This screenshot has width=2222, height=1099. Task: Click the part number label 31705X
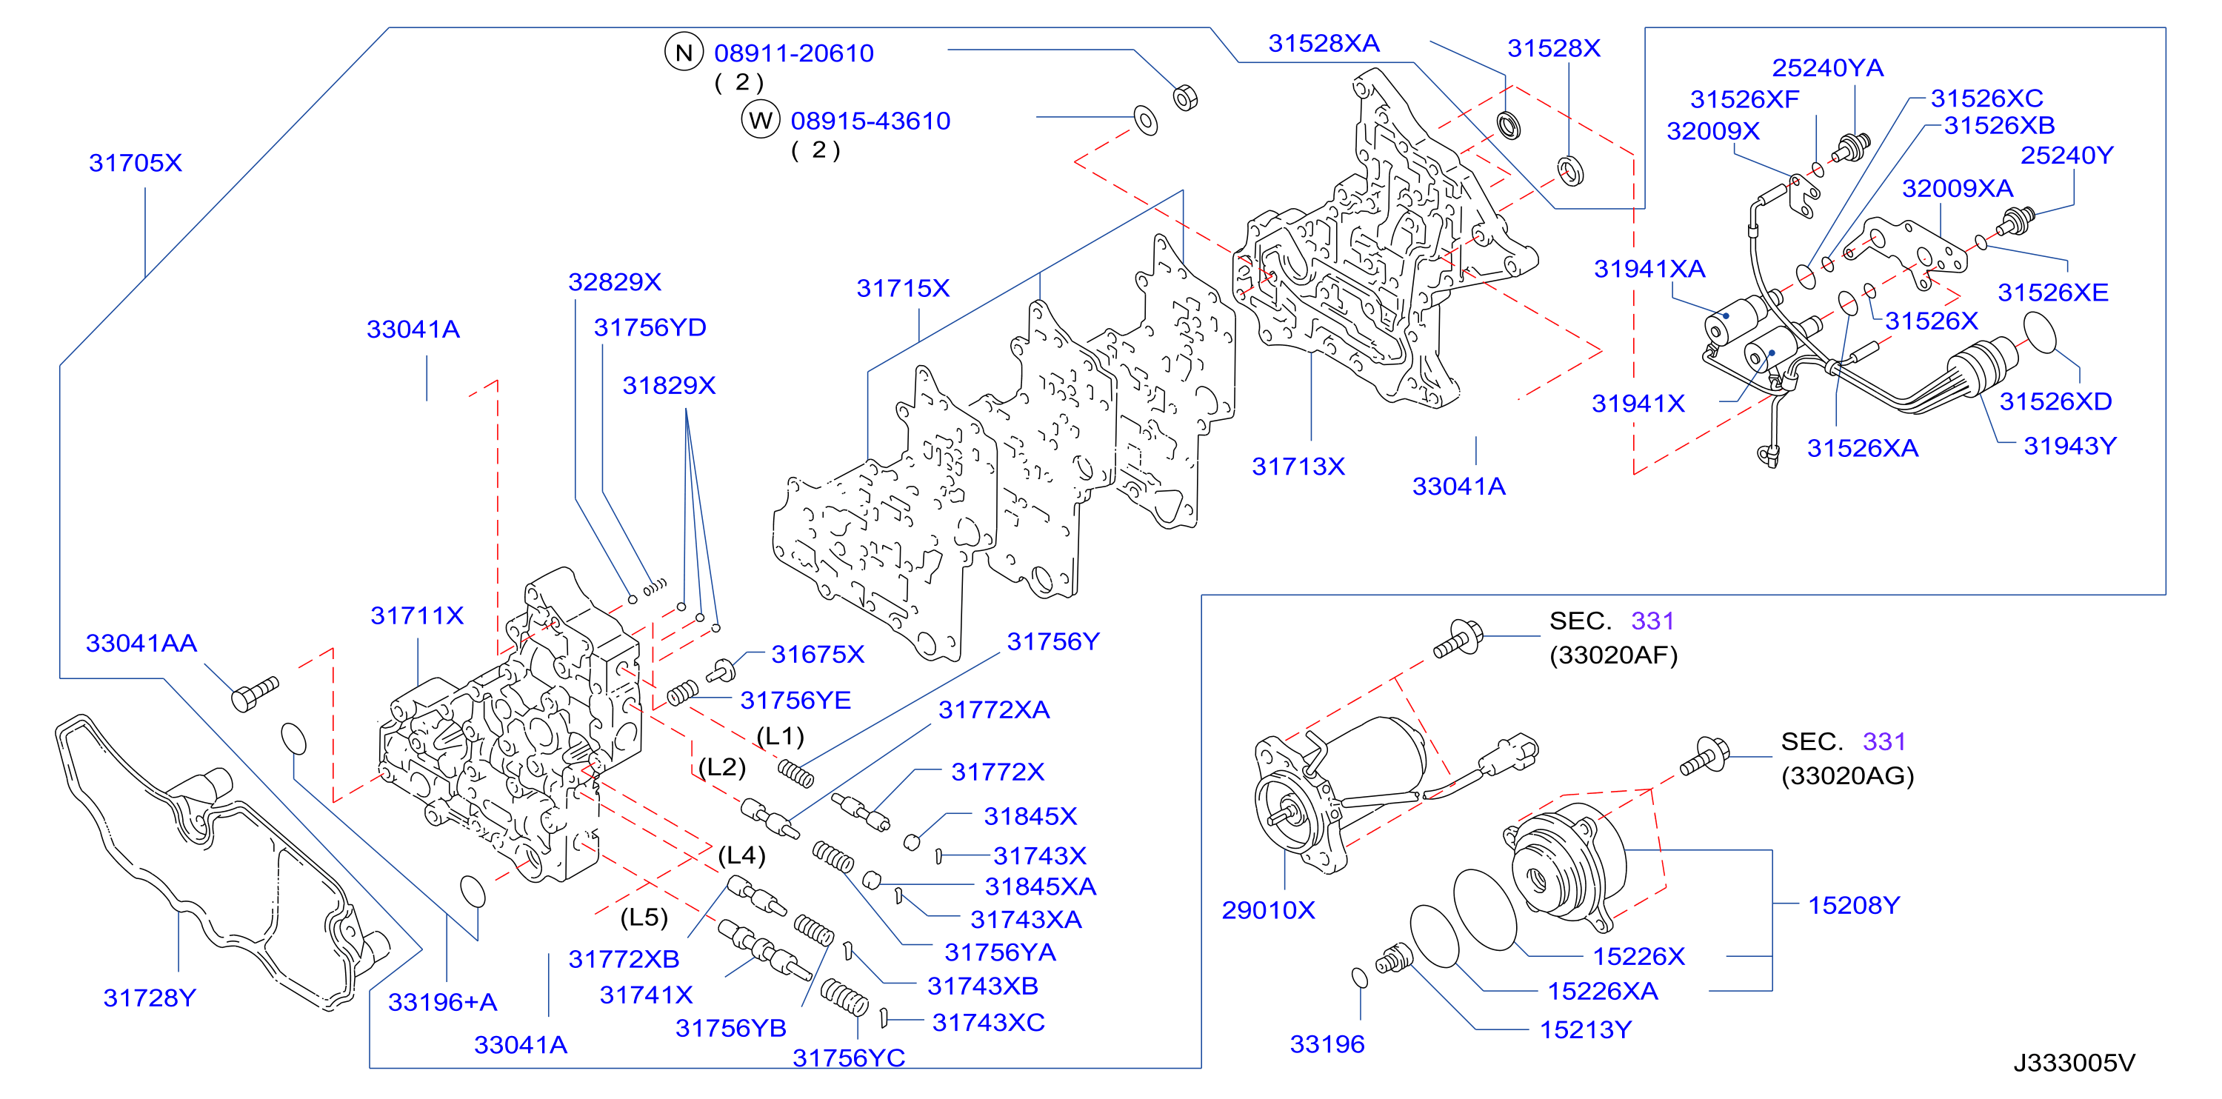[136, 163]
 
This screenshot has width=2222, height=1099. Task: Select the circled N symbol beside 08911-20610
[684, 53]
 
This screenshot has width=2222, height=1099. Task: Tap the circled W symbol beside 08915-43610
[761, 120]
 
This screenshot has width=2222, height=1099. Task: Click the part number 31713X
[1298, 467]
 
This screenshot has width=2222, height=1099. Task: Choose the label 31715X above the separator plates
[902, 288]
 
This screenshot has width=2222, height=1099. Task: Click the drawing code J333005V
[2075, 1063]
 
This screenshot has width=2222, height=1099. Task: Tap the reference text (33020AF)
[1613, 655]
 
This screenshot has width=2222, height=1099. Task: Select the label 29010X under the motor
[1268, 910]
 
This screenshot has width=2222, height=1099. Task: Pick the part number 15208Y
[1854, 905]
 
